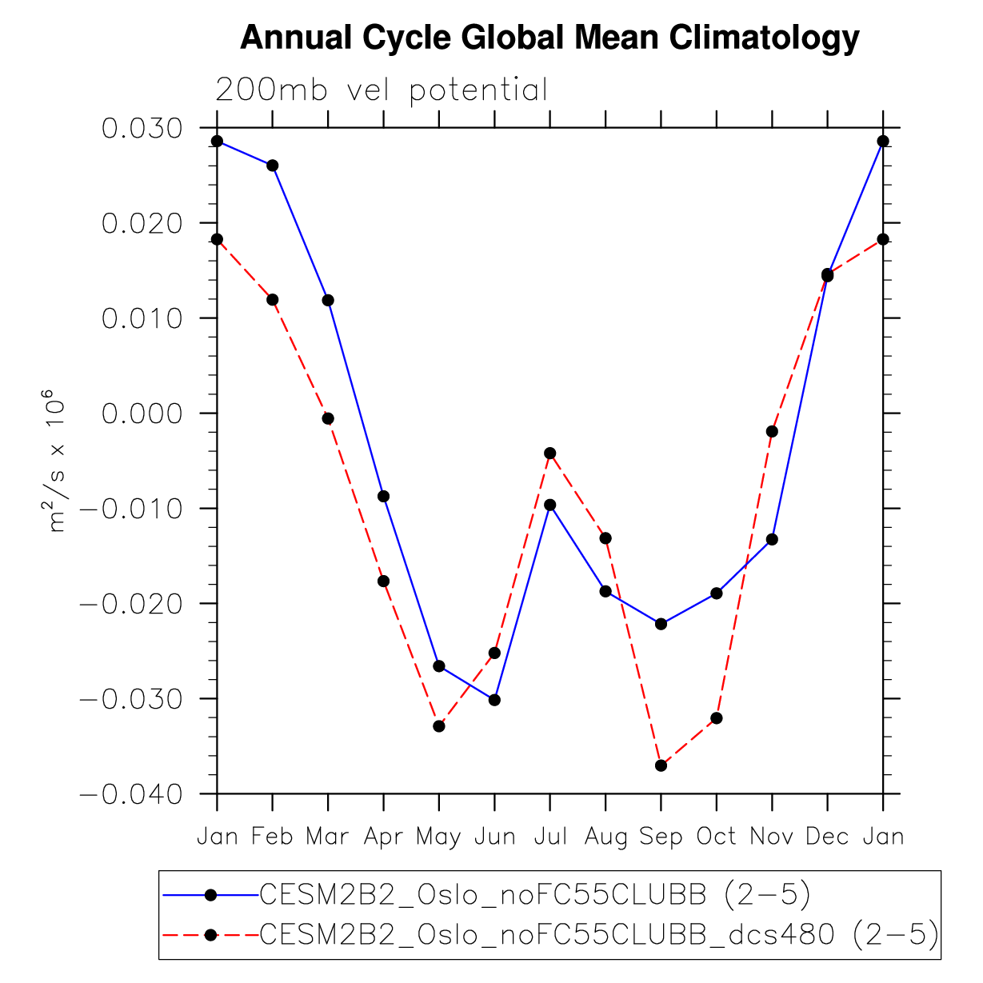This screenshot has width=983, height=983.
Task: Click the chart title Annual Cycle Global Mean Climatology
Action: click(549, 38)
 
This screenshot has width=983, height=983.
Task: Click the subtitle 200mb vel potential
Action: click(382, 90)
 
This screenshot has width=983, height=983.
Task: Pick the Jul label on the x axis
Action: click(549, 837)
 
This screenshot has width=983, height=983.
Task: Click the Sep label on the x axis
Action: click(661, 837)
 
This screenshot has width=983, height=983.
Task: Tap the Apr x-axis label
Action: click(383, 837)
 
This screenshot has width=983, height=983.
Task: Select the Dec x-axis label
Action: click(827, 837)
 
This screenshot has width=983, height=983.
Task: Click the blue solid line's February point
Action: click(273, 166)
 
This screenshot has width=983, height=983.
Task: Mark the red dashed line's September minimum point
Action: click(661, 765)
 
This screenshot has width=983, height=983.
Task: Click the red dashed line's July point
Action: click(550, 454)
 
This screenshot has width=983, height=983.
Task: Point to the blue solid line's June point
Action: click(494, 700)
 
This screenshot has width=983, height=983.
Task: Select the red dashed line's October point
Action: click(717, 718)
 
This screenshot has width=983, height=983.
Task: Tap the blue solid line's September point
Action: click(661, 624)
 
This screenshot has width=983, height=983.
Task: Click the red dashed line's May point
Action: click(439, 726)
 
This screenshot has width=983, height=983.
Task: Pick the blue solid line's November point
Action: click(772, 539)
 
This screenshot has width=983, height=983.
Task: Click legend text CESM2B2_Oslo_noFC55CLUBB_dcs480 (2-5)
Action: click(599, 934)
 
